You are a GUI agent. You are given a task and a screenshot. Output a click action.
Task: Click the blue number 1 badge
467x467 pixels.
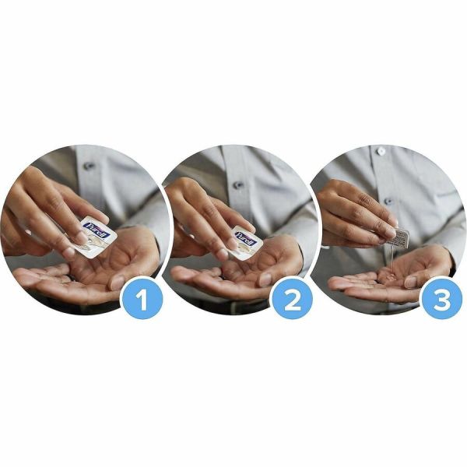(142, 298)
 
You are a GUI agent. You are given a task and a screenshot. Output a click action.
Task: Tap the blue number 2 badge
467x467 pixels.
(292, 298)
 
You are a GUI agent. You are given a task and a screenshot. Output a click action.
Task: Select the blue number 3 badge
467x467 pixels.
(441, 298)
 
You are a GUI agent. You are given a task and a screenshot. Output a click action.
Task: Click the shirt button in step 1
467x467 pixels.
(90, 165)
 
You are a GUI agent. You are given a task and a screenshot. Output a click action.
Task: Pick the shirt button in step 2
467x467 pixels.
(238, 185)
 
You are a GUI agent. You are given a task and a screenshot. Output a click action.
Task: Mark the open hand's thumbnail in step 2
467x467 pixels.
(266, 278)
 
